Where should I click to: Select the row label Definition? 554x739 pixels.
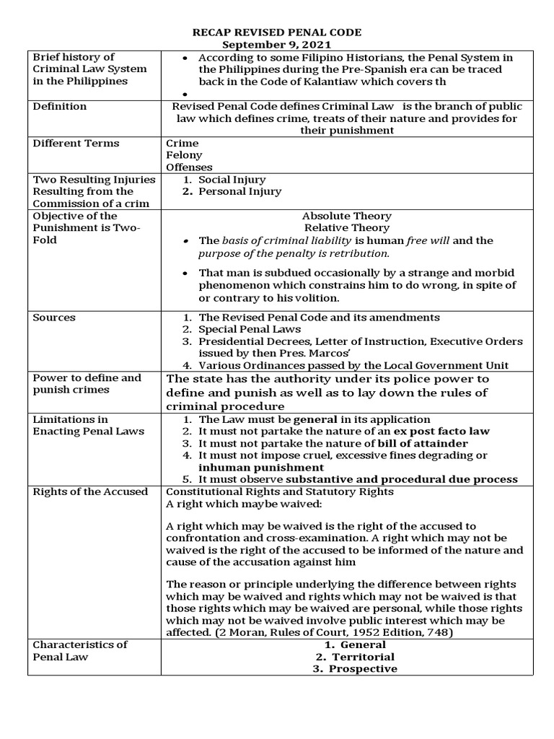pos(60,106)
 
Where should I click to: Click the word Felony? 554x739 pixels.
pos(184,155)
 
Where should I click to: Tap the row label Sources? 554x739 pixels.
pos(54,318)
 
